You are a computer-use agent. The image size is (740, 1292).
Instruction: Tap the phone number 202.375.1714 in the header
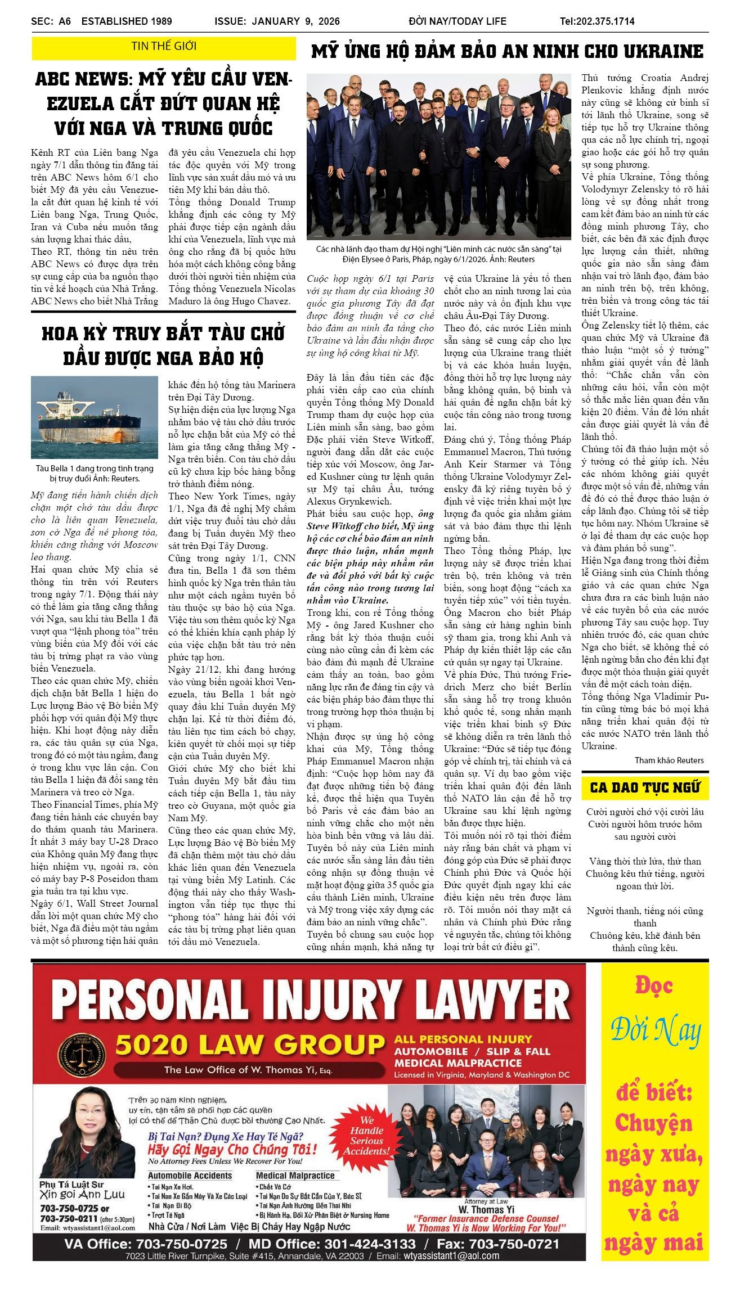(x=597, y=21)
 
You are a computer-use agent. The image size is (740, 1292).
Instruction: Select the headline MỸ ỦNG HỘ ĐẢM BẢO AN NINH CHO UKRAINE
(x=507, y=52)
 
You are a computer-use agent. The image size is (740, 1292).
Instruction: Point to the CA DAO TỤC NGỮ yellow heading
(x=645, y=787)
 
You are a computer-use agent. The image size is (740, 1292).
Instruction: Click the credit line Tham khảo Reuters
(x=669, y=760)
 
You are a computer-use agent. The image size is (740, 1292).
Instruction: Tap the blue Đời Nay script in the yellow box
(x=655, y=1030)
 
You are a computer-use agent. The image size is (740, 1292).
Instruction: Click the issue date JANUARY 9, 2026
(x=295, y=21)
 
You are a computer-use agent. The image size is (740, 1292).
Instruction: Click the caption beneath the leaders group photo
(x=438, y=254)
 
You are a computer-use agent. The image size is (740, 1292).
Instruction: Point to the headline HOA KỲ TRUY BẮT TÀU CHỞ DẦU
(x=163, y=345)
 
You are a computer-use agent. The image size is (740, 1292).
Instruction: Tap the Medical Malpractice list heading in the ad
(x=295, y=1176)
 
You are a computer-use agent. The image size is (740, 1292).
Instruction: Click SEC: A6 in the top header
(x=51, y=21)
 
